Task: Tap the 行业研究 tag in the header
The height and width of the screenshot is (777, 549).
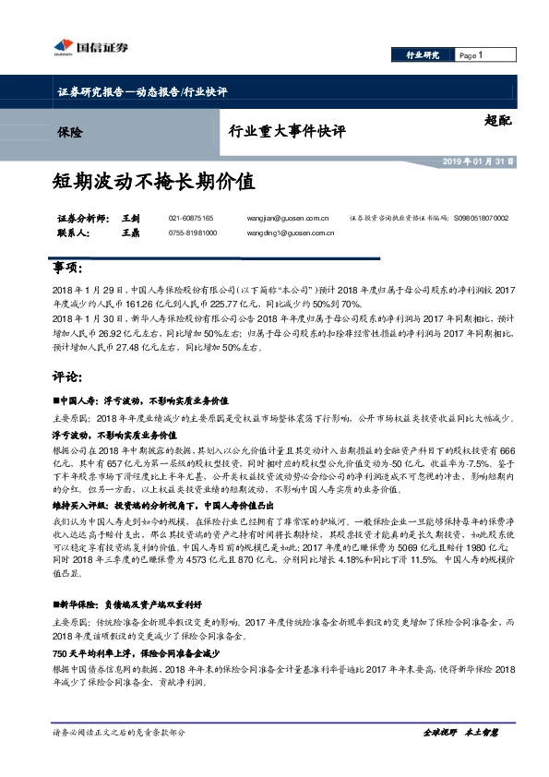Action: [x=424, y=56]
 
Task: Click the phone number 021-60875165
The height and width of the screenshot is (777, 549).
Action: [x=191, y=218]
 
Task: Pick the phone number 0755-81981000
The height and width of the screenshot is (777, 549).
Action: [x=193, y=233]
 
